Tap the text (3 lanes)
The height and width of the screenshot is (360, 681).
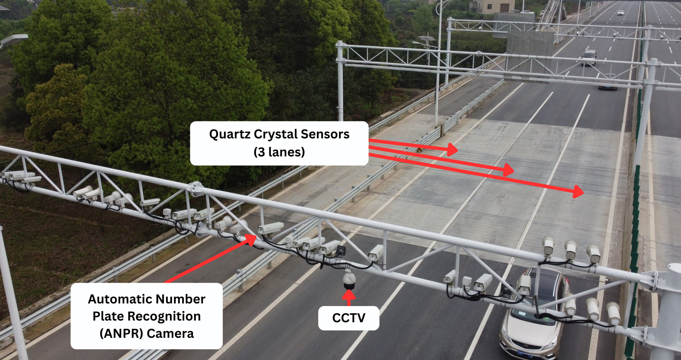click(x=279, y=152)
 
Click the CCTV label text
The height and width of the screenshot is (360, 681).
click(x=349, y=318)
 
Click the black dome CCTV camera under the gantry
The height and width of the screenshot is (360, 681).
click(x=349, y=281)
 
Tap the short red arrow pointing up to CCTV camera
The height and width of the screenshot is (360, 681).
click(x=349, y=297)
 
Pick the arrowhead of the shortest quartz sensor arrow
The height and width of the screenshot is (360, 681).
click(x=452, y=150)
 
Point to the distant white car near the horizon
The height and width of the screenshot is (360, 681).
click(x=620, y=13)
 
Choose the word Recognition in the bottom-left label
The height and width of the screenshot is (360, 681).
click(x=164, y=316)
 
